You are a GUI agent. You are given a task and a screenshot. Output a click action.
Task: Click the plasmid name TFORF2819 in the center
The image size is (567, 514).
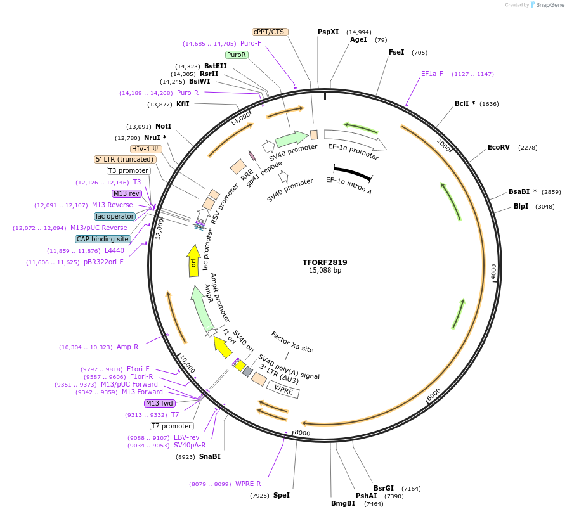pos(325,262)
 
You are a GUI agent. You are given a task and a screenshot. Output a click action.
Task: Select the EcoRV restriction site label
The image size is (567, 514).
pos(499,147)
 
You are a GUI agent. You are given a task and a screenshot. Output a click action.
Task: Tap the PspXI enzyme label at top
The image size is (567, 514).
pos(328,32)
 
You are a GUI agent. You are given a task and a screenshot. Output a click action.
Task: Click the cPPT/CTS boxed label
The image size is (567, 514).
pos(270,32)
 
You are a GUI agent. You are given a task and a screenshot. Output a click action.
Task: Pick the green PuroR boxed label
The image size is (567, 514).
pos(236,55)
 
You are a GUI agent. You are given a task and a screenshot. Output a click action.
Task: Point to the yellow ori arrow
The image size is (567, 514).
pos(193,260)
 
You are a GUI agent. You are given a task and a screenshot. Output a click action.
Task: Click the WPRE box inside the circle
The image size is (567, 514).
pos(283,389)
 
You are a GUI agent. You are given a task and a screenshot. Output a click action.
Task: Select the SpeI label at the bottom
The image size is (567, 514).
pos(281,495)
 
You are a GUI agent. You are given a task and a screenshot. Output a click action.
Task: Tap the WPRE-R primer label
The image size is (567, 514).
pos(248,484)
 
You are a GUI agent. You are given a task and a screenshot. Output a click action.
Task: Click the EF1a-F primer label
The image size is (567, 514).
pos(432,74)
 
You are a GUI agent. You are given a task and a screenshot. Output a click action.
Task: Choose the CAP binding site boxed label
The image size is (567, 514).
pos(103,239)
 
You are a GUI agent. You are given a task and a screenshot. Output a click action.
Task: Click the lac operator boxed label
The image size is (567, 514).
pos(115,216)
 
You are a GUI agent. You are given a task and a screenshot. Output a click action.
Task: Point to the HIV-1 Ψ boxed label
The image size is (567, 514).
pos(146,149)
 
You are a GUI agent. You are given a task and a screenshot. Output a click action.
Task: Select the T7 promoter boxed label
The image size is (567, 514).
pos(171,426)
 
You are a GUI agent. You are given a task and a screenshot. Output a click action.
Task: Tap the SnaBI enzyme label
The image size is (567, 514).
pos(210,456)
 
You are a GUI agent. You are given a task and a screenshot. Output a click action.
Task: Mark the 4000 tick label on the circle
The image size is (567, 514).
pos(493,272)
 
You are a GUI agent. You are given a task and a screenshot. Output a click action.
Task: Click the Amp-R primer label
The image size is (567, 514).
pos(127,347)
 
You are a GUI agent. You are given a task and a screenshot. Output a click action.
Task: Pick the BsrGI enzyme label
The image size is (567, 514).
pos(384,488)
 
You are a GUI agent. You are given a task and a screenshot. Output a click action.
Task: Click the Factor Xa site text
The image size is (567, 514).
pos(292,342)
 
